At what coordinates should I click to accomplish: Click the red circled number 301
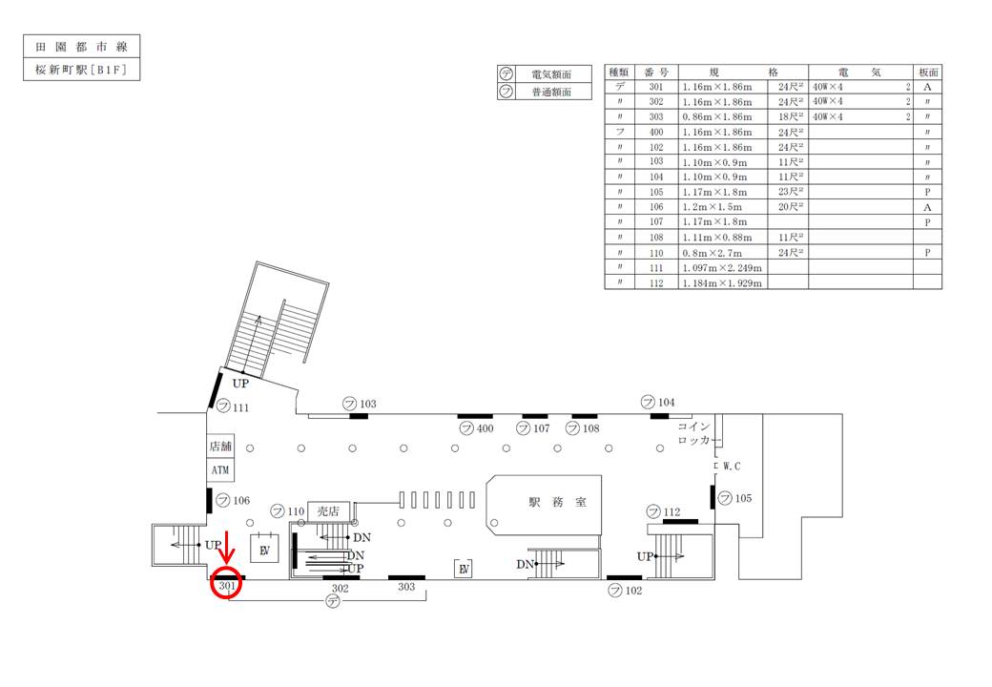click(227, 585)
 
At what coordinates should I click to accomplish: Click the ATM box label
click(220, 470)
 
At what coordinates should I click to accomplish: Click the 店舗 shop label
click(220, 447)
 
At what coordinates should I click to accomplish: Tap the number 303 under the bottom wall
click(406, 587)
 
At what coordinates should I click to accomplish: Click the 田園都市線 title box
click(81, 47)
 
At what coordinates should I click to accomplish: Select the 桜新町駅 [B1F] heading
click(81, 71)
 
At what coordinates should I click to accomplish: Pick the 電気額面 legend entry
click(548, 73)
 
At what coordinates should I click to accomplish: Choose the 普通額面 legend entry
click(548, 92)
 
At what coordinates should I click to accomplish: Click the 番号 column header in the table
click(655, 72)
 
